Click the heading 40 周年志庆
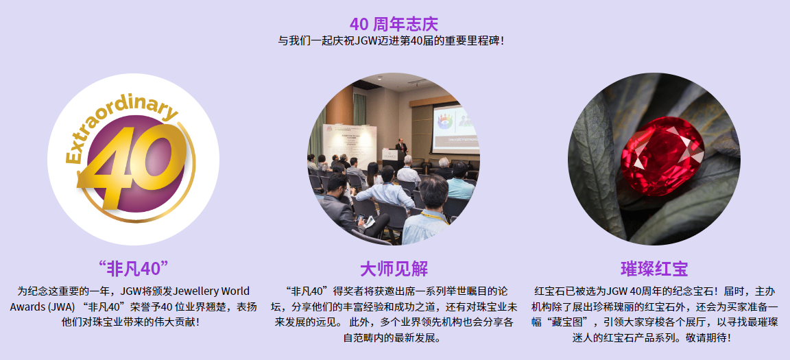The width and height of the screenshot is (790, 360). [x=394, y=24]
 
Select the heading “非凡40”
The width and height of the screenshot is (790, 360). [x=133, y=269]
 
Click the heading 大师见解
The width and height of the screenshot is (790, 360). [x=394, y=269]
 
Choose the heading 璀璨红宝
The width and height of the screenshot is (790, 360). [x=654, y=269]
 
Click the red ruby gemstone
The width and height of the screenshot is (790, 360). [x=662, y=156]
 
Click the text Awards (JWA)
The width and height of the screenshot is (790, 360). [x=43, y=307]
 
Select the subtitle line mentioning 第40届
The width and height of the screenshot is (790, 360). [x=391, y=40]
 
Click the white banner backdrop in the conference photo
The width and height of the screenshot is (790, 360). [x=350, y=147]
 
